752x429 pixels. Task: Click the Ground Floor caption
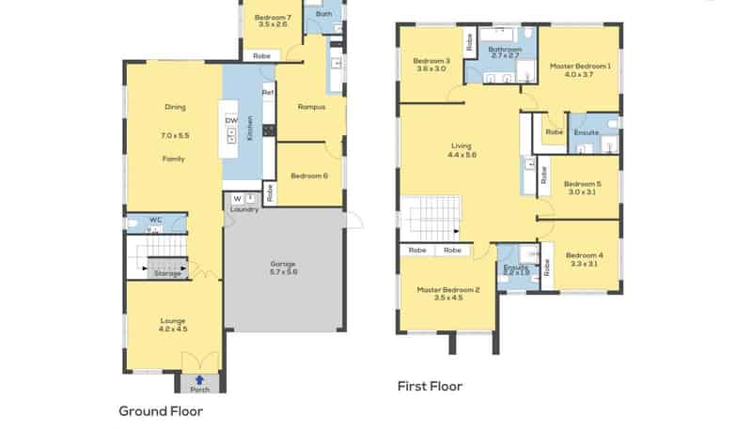(x=161, y=410)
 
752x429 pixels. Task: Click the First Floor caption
(x=431, y=386)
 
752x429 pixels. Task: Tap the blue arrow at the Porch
(x=199, y=379)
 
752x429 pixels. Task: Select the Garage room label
(x=283, y=267)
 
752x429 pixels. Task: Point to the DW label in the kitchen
(x=230, y=120)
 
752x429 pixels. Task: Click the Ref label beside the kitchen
(x=267, y=93)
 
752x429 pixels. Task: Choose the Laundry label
(x=243, y=209)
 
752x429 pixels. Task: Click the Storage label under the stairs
(x=168, y=273)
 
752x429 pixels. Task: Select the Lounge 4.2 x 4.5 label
(x=173, y=325)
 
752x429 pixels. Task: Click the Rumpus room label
(x=311, y=107)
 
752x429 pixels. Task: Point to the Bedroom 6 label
(x=309, y=176)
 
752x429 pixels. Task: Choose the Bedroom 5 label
(x=584, y=188)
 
